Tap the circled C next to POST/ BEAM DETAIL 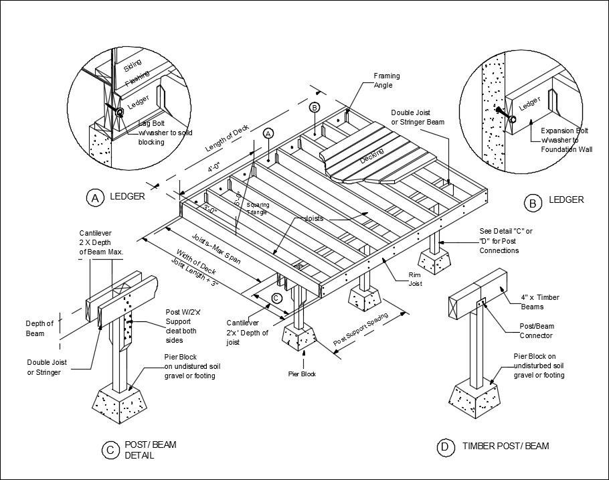[110, 451]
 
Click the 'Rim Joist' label [418, 279]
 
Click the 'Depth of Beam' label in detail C [39, 328]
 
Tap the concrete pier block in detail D [476, 398]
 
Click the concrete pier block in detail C [120, 401]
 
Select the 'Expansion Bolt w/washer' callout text [566, 140]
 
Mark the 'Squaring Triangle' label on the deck [256, 208]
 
